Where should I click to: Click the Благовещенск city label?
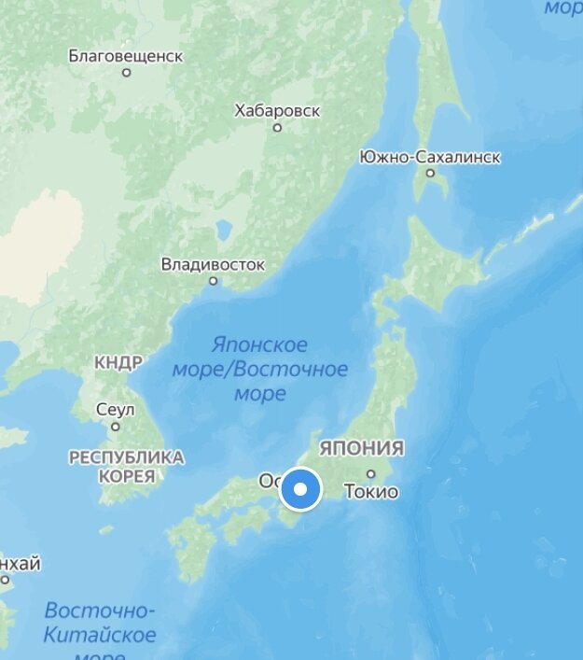[126, 56]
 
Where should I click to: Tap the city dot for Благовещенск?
[127, 73]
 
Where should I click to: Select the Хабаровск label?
[277, 111]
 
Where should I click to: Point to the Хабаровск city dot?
[277, 127]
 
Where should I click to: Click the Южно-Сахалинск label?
[430, 157]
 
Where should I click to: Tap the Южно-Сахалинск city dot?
[430, 173]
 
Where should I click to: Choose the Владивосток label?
[213, 264]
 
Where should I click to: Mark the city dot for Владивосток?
[213, 280]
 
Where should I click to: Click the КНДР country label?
[118, 362]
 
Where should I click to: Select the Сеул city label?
[116, 410]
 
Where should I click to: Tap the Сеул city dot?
[116, 426]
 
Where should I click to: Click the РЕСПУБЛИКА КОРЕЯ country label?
[126, 466]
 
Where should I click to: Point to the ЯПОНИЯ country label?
[362, 448]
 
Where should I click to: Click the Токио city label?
[371, 492]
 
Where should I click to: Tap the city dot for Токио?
[371, 473]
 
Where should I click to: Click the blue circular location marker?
[300, 489]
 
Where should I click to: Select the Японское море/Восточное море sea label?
[260, 369]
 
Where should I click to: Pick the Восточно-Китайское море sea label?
[100, 625]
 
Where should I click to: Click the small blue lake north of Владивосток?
[223, 228]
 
